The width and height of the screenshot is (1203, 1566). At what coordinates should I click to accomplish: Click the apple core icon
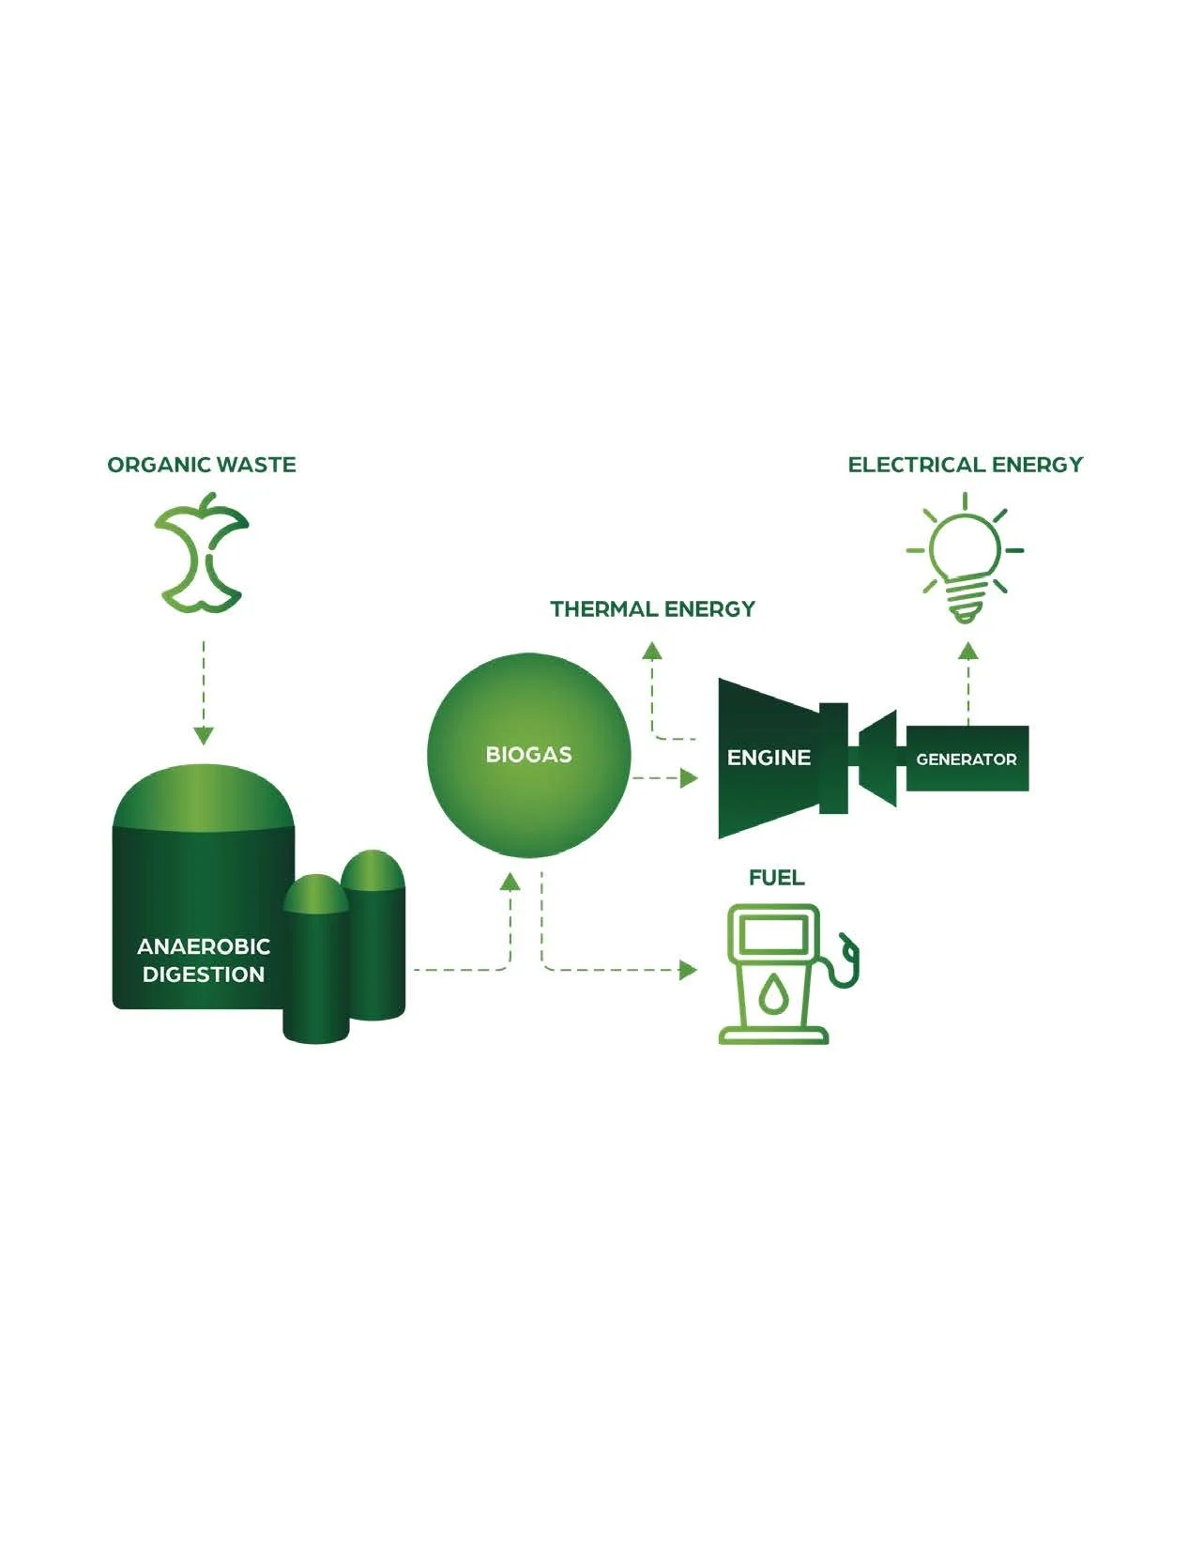202,554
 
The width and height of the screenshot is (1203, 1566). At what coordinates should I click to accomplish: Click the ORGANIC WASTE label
202,465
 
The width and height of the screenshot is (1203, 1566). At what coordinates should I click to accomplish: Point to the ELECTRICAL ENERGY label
965,465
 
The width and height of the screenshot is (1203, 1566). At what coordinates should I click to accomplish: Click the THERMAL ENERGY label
652,609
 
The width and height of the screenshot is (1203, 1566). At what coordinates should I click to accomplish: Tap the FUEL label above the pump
776,878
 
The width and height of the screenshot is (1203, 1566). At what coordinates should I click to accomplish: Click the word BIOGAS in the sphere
528,755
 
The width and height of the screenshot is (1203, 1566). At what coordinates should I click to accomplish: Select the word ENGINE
769,758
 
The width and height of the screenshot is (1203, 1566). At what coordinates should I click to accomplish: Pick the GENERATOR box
967,759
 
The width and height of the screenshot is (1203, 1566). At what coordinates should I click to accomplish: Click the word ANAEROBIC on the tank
204,946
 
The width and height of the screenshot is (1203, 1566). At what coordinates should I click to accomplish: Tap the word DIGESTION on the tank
204,975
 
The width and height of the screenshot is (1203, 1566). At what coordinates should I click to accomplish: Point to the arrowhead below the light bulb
968,651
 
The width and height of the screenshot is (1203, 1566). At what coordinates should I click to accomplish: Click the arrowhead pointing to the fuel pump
690,970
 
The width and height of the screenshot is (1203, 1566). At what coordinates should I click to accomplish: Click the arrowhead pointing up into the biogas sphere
510,882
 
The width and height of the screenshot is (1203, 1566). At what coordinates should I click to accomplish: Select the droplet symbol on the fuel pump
772,994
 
